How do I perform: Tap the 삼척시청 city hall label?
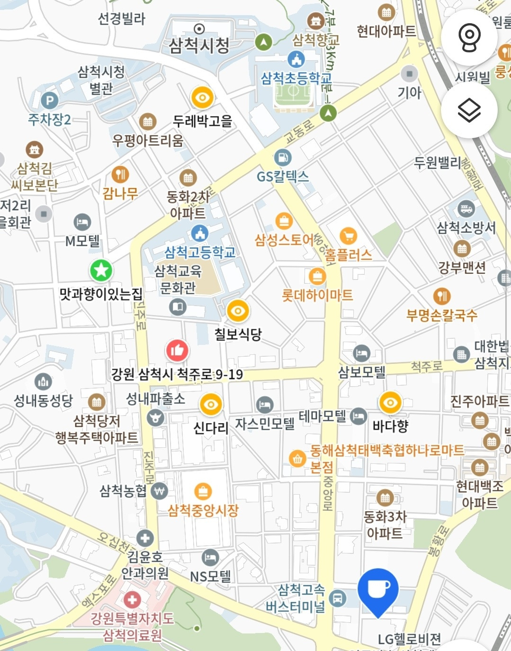(199, 45)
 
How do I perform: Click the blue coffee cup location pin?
(377, 590)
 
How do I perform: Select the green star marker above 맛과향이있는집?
(101, 271)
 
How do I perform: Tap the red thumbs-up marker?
(177, 351)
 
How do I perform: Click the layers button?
(469, 110)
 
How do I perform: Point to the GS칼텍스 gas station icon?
(283, 158)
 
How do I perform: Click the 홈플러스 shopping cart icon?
(348, 235)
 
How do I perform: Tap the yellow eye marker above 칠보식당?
(238, 311)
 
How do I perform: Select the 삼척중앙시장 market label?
(203, 510)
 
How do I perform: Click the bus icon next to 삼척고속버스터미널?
(337, 598)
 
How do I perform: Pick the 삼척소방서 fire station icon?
(466, 208)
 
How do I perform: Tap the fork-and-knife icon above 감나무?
(120, 174)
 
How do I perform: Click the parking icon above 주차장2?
(49, 100)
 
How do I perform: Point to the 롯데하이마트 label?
(317, 295)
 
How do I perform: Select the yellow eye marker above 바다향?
(390, 403)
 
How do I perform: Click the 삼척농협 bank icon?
(159, 491)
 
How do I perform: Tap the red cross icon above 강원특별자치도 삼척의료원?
(132, 599)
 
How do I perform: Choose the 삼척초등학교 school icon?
(296, 60)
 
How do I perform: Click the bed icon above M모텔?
(82, 222)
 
